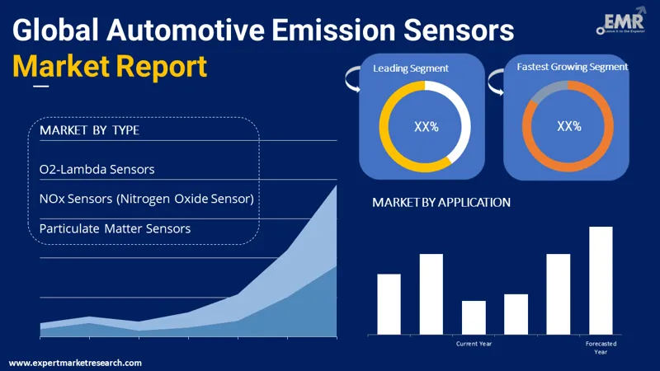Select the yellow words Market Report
point(110,66)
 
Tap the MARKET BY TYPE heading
point(89,130)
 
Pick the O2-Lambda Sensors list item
point(97,169)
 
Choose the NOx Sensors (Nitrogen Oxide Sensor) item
point(146,199)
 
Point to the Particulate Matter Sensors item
point(115,228)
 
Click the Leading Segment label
point(410,68)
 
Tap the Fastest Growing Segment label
point(573,67)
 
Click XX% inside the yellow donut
point(426,126)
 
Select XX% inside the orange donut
point(569,126)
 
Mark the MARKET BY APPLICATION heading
point(441,202)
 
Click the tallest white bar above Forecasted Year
point(601,280)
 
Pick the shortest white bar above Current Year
point(474,317)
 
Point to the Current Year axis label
point(474,343)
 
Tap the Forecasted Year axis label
point(601,347)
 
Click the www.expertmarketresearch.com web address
point(75,363)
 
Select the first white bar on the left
point(389,303)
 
